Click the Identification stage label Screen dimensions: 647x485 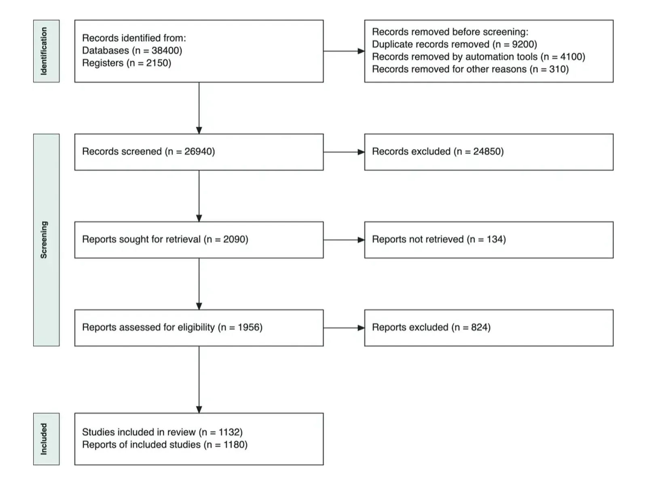coord(44,51)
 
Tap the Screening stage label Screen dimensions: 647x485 coord(44,240)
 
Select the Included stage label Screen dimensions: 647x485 coord(44,439)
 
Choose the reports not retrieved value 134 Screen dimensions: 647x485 coord(494,239)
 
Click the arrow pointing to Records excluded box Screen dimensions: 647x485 coord(344,152)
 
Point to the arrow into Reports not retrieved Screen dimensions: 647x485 coord(344,240)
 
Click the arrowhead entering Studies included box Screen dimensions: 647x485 coord(199,409)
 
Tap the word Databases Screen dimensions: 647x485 coord(106,51)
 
